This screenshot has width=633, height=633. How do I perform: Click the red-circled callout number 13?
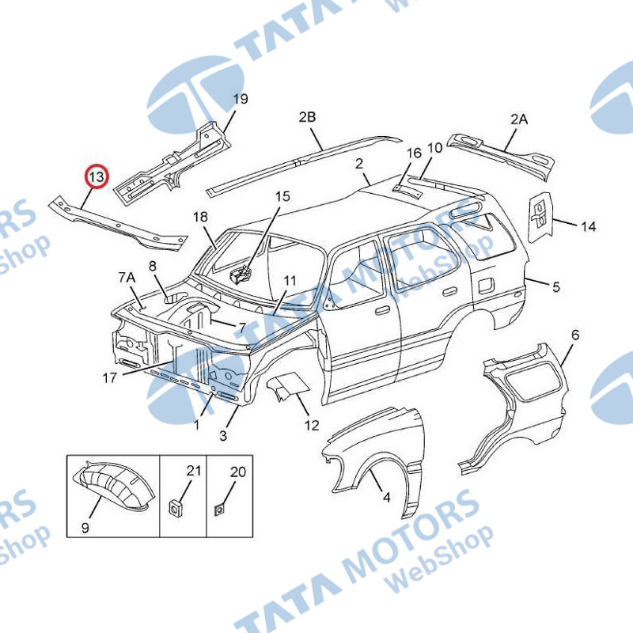[x=97, y=176]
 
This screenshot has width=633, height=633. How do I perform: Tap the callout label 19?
[x=241, y=99]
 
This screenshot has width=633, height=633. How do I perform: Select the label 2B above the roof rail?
[x=307, y=117]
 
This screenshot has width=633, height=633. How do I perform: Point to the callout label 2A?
[x=519, y=119]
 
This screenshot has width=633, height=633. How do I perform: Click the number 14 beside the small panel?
[x=588, y=226]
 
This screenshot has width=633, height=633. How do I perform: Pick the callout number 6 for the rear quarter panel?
[x=575, y=335]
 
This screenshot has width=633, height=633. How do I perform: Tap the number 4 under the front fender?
[x=386, y=498]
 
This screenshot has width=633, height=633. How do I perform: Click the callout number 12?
[x=312, y=425]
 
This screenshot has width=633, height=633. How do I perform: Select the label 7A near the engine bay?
[x=127, y=278]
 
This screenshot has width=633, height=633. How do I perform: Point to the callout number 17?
[x=109, y=378]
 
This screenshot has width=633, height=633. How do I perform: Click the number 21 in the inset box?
[x=193, y=471]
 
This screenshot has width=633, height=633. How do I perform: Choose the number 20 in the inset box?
[x=238, y=472]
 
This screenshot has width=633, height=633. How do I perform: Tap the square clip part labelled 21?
[x=175, y=507]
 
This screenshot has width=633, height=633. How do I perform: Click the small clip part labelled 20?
[x=220, y=510]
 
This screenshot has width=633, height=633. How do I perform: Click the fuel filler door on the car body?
[x=486, y=285]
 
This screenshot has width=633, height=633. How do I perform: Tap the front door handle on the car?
[x=382, y=310]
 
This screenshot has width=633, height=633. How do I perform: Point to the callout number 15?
[x=282, y=196]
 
